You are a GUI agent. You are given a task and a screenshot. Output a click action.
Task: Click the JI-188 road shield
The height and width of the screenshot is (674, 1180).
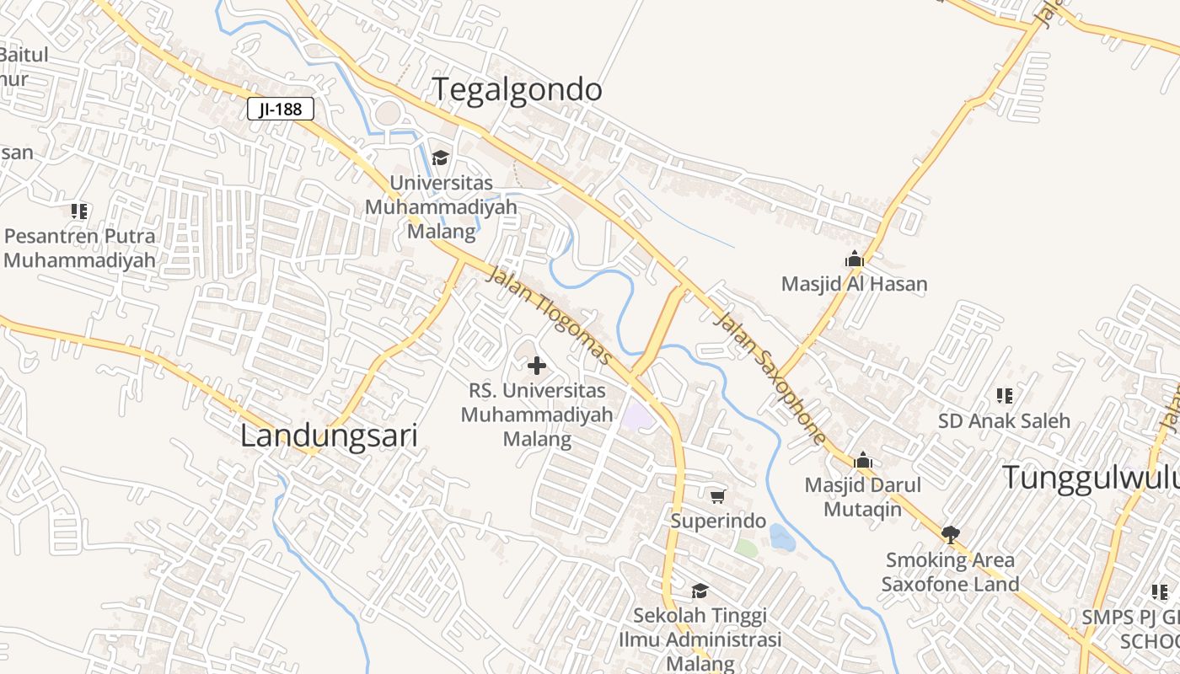(x=281, y=109)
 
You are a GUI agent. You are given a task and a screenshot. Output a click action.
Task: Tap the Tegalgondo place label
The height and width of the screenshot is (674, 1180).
(x=518, y=89)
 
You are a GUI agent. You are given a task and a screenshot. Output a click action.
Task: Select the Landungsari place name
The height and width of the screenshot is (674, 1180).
(x=329, y=436)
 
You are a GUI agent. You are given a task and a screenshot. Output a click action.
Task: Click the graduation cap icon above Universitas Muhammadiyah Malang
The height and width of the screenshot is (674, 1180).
(x=440, y=158)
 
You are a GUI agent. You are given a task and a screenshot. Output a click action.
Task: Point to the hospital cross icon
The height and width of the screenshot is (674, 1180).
(x=536, y=366)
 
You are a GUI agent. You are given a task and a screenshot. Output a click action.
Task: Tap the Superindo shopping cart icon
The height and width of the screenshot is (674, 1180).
(x=717, y=497)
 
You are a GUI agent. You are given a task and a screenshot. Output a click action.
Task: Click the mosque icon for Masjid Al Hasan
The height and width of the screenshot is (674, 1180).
(x=855, y=259)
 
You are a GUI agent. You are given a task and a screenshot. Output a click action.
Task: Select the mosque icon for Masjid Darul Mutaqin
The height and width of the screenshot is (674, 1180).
(x=862, y=461)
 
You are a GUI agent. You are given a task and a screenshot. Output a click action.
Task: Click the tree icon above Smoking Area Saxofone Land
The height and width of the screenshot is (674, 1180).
(x=951, y=534)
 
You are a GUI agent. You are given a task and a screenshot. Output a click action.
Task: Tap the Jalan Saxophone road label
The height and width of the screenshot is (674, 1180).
(x=769, y=377)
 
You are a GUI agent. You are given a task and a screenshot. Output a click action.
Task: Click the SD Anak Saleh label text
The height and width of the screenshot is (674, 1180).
(x=1004, y=420)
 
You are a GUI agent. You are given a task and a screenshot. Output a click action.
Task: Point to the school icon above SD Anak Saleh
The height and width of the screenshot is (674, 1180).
(x=1004, y=395)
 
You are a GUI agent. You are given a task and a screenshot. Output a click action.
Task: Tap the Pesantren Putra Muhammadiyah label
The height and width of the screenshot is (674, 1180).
(x=80, y=248)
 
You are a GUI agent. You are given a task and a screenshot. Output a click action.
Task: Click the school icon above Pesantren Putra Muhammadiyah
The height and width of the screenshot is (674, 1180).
(x=79, y=211)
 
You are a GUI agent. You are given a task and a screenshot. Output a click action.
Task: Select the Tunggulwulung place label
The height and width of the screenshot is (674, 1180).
(x=1090, y=477)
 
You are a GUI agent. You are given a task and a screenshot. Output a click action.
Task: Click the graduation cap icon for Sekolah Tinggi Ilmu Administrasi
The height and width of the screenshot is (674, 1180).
(x=700, y=591)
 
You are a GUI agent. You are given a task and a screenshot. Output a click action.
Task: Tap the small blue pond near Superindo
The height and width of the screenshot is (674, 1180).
(x=781, y=537)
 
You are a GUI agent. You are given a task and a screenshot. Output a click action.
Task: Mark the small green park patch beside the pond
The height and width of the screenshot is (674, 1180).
(x=746, y=548)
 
